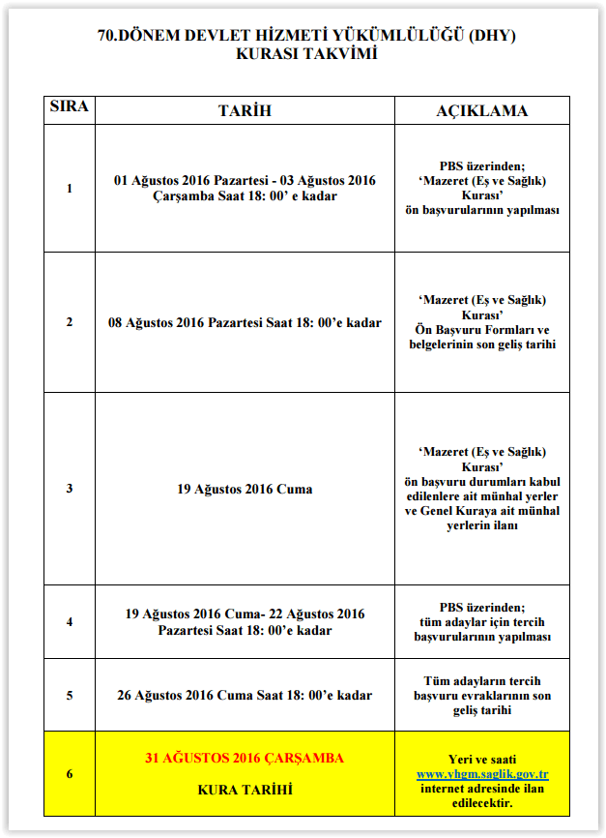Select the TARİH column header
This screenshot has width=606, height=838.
point(245,110)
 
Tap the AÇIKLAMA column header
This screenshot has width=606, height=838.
point(482,110)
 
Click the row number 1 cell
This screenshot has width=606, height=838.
point(69,189)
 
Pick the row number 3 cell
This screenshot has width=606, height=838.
point(69,489)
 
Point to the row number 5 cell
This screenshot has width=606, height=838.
point(69,695)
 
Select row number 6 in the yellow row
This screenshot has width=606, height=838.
point(69,774)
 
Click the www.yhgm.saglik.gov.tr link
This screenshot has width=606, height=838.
point(482,774)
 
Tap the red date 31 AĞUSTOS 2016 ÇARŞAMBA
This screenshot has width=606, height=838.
point(245,758)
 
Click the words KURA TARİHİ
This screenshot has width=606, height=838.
point(245,790)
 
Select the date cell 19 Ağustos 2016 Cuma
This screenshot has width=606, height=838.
point(245,489)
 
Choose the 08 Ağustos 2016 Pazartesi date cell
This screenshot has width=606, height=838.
point(245,322)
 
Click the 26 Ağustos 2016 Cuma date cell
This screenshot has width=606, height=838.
point(245,695)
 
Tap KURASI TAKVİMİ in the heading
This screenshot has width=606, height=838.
point(306,54)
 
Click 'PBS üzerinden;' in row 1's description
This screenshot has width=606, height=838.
point(482,165)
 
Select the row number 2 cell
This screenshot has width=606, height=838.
point(69,322)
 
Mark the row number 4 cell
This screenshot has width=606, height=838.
point(69,622)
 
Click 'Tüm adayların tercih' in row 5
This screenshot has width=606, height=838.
point(482,681)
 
